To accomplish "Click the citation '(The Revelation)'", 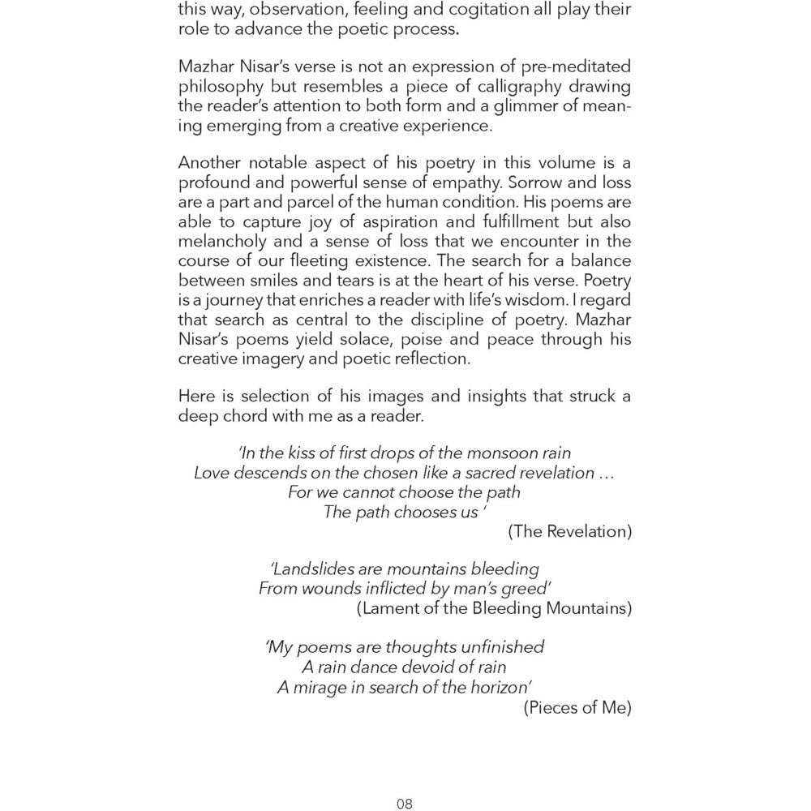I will point(570,532).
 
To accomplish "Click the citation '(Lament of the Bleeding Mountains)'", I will point(494,608).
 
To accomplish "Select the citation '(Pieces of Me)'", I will point(577,707).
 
